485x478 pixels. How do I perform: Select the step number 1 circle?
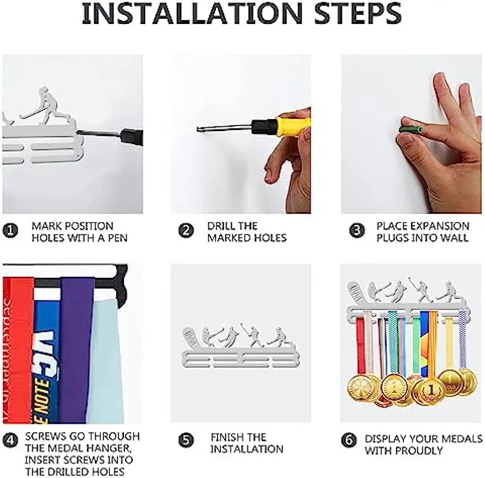(x=10, y=231)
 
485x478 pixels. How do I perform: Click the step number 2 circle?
(x=186, y=231)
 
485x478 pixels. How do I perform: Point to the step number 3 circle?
(x=357, y=231)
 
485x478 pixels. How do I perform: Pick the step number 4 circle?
(x=10, y=440)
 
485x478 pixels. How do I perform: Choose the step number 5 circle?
(x=186, y=440)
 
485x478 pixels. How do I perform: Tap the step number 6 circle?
(x=349, y=440)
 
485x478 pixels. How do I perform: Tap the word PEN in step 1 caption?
(x=117, y=238)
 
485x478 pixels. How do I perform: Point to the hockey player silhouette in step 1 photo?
(x=47, y=107)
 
